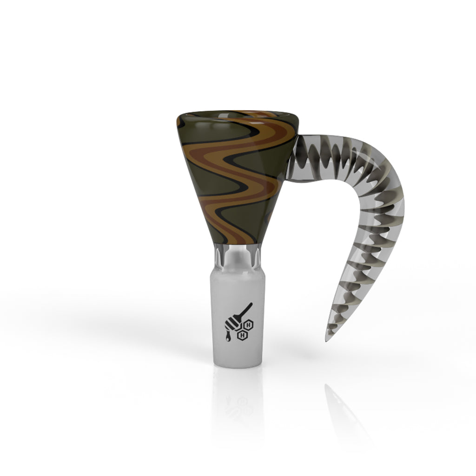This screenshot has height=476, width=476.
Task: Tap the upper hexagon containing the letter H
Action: [x=250, y=324]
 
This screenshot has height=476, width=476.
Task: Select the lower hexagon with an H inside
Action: [x=242, y=334]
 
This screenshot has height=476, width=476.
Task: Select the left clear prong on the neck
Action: [x=219, y=255]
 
